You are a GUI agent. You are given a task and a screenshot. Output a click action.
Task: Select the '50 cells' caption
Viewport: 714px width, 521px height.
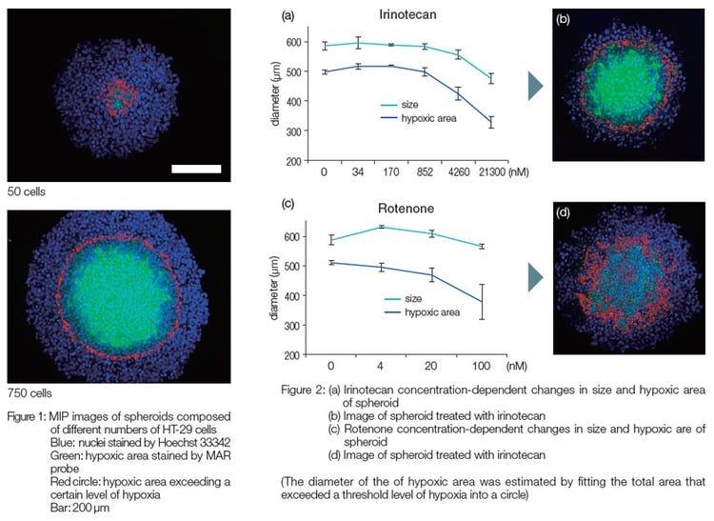pyautogui.click(x=26, y=192)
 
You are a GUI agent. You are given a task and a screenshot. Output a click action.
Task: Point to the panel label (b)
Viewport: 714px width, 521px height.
pyautogui.click(x=565, y=17)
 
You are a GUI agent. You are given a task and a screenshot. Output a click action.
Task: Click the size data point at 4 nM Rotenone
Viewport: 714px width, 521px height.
pyautogui.click(x=381, y=227)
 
